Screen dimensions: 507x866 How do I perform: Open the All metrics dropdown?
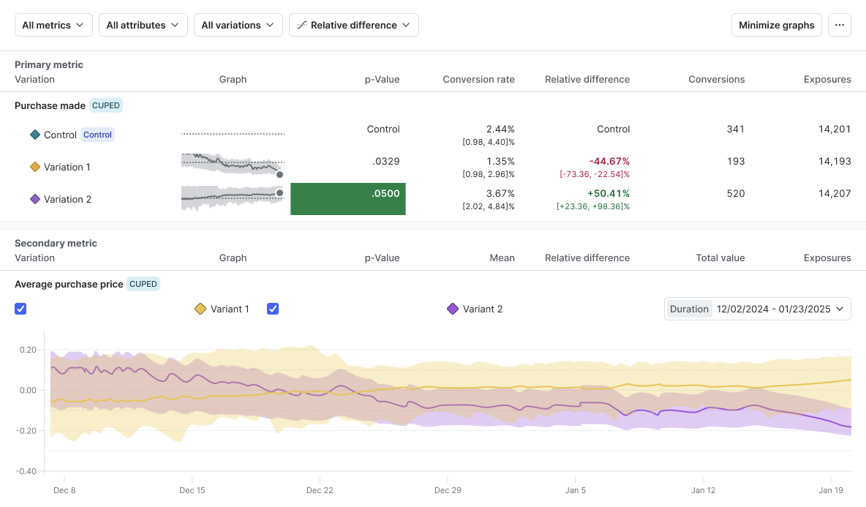tap(53, 25)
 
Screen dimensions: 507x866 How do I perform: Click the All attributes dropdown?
tap(143, 25)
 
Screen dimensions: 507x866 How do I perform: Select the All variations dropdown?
tap(238, 25)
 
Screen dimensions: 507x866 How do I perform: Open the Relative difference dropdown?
tap(353, 25)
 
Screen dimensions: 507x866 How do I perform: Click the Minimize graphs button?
tap(776, 25)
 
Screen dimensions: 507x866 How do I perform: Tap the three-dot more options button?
tap(839, 25)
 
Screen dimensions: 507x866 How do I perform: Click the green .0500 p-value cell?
tap(348, 199)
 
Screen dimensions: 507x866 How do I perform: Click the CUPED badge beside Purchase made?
tap(106, 105)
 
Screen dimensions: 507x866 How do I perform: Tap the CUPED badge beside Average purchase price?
tap(143, 284)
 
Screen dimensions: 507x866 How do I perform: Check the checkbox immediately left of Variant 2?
tap(273, 309)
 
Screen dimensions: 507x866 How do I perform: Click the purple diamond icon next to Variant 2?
tap(453, 309)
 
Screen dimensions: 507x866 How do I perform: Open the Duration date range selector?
tap(757, 309)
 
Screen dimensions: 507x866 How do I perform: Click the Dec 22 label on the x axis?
tap(320, 490)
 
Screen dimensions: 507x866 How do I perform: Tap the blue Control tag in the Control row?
tap(97, 135)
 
